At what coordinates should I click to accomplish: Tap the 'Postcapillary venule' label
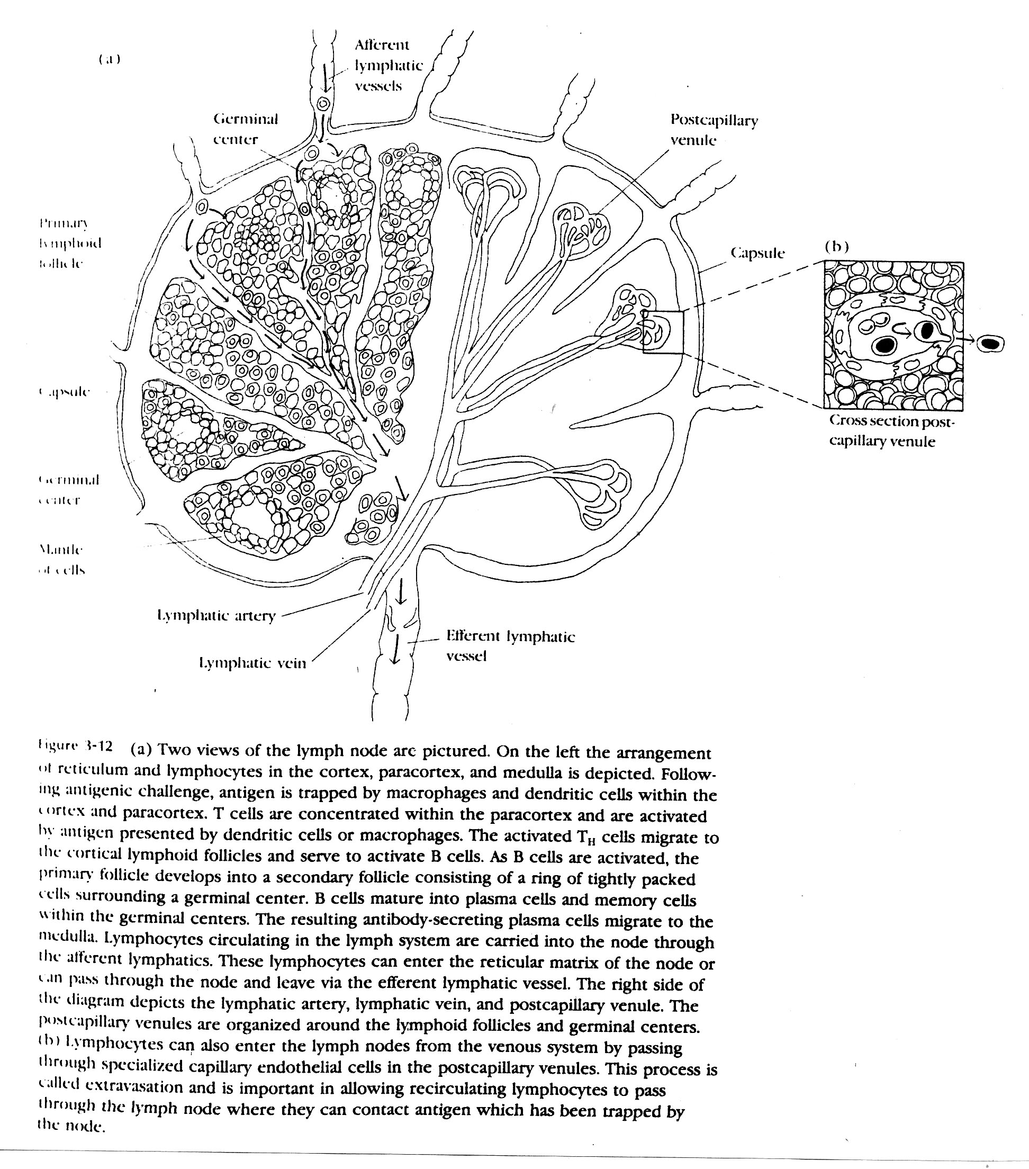[714, 130]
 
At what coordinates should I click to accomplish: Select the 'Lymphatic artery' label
[216, 615]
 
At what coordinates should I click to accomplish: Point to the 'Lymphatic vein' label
[252, 663]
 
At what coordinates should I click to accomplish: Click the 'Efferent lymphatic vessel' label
[510, 646]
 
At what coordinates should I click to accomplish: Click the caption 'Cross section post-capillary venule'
[891, 431]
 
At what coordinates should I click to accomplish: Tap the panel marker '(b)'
[836, 247]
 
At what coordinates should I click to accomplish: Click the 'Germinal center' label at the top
[245, 129]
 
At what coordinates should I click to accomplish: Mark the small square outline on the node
[663, 332]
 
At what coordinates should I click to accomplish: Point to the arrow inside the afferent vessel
[326, 77]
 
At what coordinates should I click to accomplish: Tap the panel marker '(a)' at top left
[109, 59]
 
